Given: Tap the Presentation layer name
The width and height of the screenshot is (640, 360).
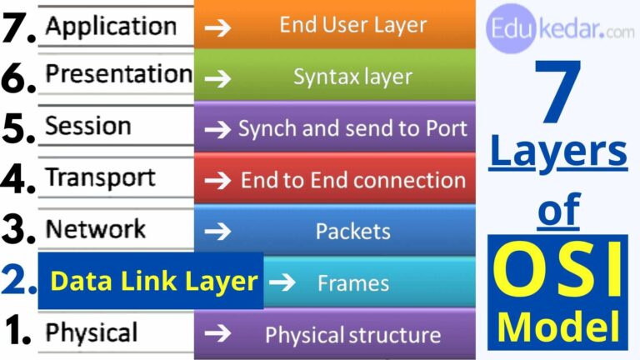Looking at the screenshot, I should pyautogui.click(x=118, y=74).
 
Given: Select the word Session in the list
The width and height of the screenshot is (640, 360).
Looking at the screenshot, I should pyautogui.click(x=87, y=126).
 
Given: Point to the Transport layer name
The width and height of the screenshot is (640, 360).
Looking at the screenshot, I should pyautogui.click(x=100, y=177).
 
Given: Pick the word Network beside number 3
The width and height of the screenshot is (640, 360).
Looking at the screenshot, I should pyautogui.click(x=95, y=229).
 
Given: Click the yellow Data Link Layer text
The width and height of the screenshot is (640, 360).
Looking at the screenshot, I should pyautogui.click(x=154, y=282).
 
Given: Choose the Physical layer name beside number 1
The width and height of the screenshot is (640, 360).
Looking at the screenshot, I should pyautogui.click(x=91, y=333).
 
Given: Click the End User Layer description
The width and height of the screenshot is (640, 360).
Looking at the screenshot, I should pyautogui.click(x=352, y=25).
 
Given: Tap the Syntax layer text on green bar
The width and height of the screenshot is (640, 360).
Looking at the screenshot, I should pyautogui.click(x=352, y=77).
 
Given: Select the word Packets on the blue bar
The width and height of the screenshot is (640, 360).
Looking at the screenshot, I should pyautogui.click(x=352, y=231).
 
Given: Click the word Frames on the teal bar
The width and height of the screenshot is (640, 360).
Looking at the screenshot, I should pyautogui.click(x=352, y=283).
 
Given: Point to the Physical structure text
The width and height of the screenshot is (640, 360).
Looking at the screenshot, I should pyautogui.click(x=352, y=335).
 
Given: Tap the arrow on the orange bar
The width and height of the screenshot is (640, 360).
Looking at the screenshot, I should pyautogui.click(x=219, y=26).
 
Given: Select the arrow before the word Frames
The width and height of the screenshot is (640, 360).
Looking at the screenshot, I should pyautogui.click(x=283, y=282).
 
